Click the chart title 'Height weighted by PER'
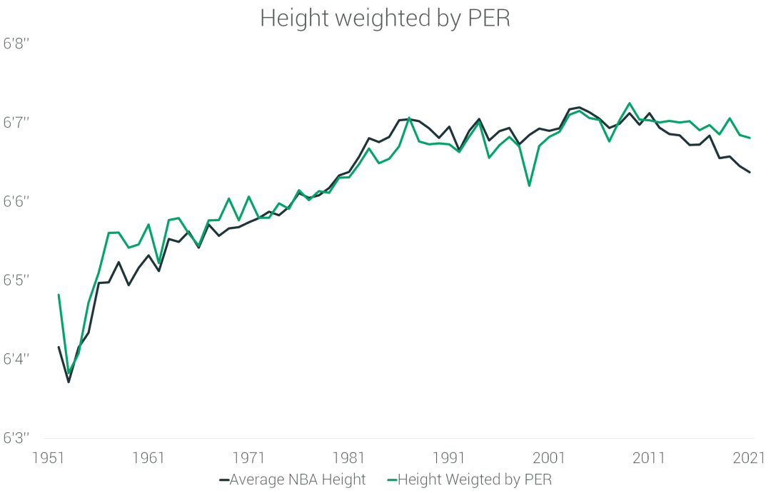tap(385, 19)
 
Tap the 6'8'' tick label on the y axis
tap(19, 44)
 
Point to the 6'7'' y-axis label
tap(19, 123)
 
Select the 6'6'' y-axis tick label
tap(19, 202)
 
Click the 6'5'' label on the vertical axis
tap(19, 280)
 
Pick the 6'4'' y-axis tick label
tap(19, 359)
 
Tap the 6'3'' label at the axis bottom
tap(19, 437)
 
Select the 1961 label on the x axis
tap(150, 457)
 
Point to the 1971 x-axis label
tap(250, 457)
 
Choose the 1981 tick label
tap(350, 457)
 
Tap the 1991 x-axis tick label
tap(450, 457)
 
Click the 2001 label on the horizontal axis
tap(550, 457)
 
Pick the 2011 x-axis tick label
tap(650, 457)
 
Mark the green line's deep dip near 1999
tap(529, 185)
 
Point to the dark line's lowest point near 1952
tap(69, 382)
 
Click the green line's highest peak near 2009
tap(629, 103)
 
